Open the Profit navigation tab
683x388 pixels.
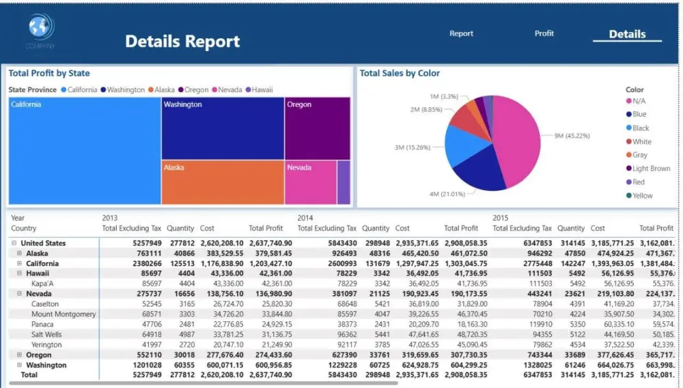pos(544,33)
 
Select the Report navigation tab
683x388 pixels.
pos(461,33)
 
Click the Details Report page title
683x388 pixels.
pos(182,42)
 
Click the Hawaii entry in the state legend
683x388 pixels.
pos(262,90)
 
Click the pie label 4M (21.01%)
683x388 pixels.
pos(447,194)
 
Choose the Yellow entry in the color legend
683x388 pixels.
pos(642,196)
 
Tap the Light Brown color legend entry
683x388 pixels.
pos(651,168)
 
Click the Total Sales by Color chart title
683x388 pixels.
pos(400,74)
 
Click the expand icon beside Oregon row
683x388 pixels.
pos(20,355)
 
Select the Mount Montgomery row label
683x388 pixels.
pos(64,314)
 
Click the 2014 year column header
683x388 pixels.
pos(305,218)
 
